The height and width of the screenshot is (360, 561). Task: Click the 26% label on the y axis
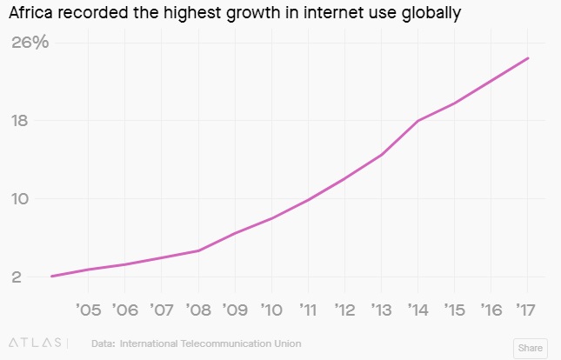[30, 42]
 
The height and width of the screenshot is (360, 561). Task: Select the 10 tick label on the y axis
[21, 198]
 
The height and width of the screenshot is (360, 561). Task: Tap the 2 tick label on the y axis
[16, 277]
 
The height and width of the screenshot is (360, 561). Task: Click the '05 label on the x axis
[89, 310]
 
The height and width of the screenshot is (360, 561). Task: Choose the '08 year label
[198, 310]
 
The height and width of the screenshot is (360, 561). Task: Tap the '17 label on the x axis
[525, 310]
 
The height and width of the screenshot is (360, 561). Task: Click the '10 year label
[271, 310]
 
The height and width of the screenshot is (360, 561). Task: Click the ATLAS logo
[35, 343]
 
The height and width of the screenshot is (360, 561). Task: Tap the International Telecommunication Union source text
[210, 343]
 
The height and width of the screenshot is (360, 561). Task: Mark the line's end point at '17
[528, 58]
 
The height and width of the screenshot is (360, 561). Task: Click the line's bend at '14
[418, 121]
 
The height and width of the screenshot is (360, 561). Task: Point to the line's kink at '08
[199, 250]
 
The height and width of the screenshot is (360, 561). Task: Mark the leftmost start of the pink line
[52, 277]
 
